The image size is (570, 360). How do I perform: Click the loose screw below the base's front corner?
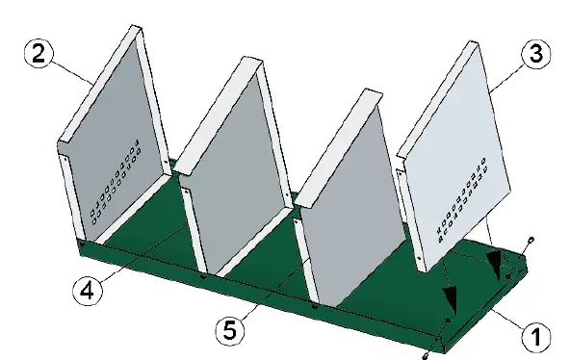[x=425, y=355]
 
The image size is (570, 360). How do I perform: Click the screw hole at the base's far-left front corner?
[x=83, y=246]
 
